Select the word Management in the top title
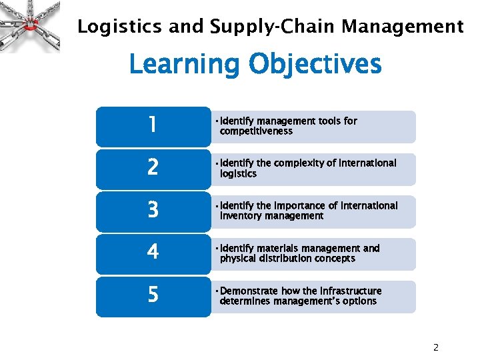[403, 27]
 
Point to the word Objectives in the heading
[315, 65]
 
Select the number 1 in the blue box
[153, 125]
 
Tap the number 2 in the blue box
[153, 167]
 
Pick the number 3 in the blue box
[153, 210]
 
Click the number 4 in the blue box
[153, 252]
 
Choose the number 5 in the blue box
[153, 295]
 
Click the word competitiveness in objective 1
[256, 131]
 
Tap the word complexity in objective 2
[297, 163]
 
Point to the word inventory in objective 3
[242, 216]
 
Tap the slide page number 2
[435, 347]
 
